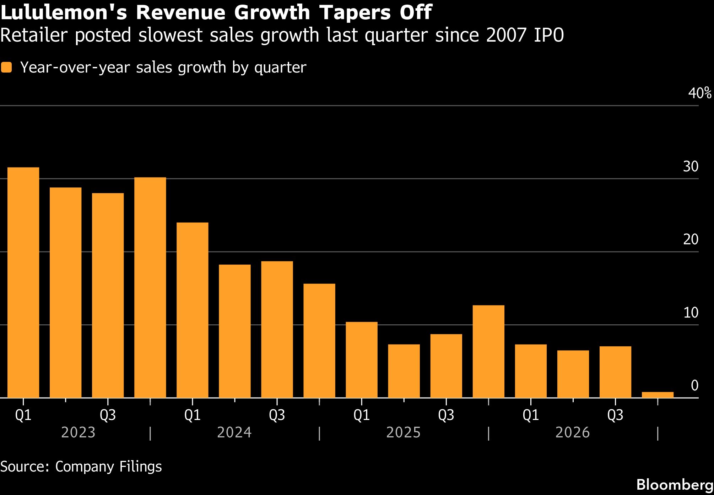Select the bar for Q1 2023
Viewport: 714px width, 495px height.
[23, 282]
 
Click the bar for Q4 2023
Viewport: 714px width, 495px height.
[150, 287]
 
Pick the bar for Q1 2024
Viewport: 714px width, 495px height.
[192, 310]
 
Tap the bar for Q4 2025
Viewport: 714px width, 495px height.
[488, 351]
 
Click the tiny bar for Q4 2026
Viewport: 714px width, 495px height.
[658, 395]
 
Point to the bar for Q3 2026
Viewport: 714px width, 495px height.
[615, 372]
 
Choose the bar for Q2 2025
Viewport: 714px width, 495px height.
[404, 371]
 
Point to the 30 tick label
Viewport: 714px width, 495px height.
[691, 166]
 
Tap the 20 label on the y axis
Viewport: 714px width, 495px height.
[691, 240]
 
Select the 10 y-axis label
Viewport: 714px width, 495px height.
[691, 313]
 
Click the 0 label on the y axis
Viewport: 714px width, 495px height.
[694, 385]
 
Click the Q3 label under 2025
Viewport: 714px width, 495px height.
[446, 415]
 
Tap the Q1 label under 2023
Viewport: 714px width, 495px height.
[23, 415]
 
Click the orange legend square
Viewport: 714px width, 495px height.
[6, 68]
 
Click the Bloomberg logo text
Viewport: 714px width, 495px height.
[675, 485]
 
